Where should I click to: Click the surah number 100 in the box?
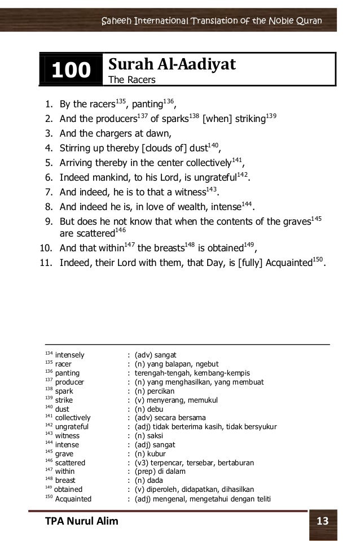coord(71,70)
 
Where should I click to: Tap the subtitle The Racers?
coord(131,80)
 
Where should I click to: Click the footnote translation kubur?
coord(164,453)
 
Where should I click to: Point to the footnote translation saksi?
coord(163,435)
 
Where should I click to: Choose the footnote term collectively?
coord(73,418)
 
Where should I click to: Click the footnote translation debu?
coord(164,409)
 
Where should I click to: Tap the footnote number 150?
coord(49,497)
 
